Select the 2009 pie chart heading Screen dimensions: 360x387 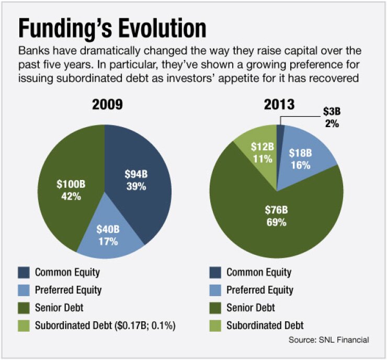(107, 104)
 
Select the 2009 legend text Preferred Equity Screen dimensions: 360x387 (68, 290)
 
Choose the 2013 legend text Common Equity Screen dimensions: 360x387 (258, 272)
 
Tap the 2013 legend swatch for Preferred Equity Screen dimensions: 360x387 (215, 290)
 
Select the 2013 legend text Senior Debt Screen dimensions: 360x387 (251, 308)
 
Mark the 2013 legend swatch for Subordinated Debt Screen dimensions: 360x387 (215, 325)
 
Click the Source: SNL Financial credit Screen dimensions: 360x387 (328, 340)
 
